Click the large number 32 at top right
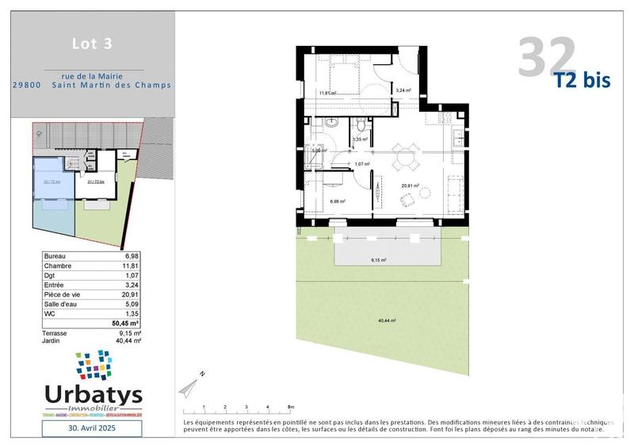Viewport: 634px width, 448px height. pyautogui.click(x=547, y=57)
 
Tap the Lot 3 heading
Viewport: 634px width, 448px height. pyautogui.click(x=86, y=44)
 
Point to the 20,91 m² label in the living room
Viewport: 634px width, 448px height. pyautogui.click(x=410, y=186)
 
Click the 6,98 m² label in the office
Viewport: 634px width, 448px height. pyautogui.click(x=338, y=201)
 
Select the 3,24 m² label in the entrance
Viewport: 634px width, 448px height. pyautogui.click(x=403, y=91)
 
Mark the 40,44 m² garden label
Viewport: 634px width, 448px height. pyautogui.click(x=387, y=320)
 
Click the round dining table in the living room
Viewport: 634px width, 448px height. pyautogui.click(x=407, y=156)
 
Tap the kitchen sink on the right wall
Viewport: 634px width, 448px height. pyautogui.click(x=458, y=143)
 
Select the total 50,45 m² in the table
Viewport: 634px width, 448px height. pyautogui.click(x=124, y=324)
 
